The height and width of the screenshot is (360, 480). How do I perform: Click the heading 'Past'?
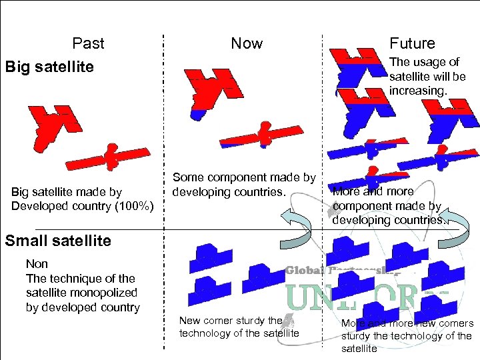click(x=88, y=43)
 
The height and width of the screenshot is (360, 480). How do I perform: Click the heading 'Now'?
click(x=247, y=43)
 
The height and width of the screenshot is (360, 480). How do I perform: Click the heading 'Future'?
click(x=412, y=43)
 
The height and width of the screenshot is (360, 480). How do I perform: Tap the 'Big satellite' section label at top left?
click(x=49, y=67)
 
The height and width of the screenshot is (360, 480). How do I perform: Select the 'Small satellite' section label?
click(x=58, y=241)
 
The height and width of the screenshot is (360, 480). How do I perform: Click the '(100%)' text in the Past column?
click(x=133, y=206)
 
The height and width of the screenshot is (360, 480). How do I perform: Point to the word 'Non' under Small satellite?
click(x=37, y=264)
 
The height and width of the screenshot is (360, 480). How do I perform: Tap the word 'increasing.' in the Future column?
click(x=418, y=90)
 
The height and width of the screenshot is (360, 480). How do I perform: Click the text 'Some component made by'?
click(x=244, y=177)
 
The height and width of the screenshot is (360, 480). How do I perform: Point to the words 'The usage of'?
click(x=424, y=62)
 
